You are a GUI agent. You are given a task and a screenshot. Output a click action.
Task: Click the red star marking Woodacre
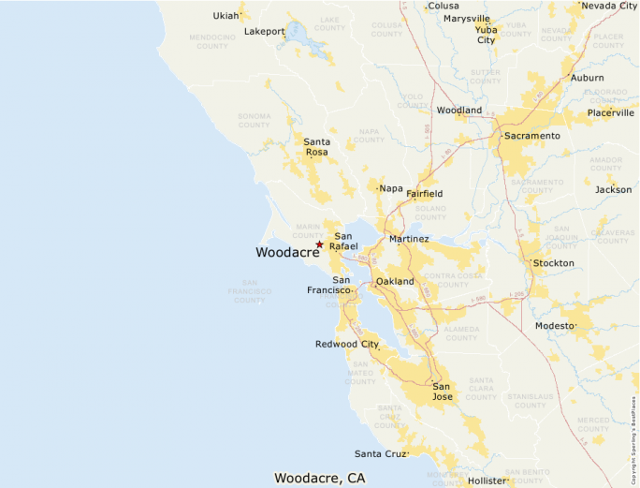click(319, 244)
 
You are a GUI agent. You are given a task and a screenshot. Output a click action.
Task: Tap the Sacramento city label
click(531, 136)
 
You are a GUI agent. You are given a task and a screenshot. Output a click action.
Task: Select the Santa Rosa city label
click(317, 146)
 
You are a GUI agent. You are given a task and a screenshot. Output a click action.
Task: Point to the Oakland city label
click(394, 281)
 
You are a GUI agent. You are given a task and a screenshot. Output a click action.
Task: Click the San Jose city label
click(442, 392)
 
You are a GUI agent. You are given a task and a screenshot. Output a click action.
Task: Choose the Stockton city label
click(553, 263)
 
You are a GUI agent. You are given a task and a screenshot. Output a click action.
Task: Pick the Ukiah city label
click(225, 16)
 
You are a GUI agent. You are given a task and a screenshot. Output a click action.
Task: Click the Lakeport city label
click(264, 31)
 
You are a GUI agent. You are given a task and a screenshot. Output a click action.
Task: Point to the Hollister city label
click(487, 480)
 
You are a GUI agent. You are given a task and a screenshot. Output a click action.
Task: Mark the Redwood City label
click(346, 344)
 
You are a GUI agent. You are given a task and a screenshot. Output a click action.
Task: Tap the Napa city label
click(391, 188)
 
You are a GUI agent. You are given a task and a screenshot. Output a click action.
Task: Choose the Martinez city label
click(409, 239)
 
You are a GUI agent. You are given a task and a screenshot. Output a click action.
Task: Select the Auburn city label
click(587, 78)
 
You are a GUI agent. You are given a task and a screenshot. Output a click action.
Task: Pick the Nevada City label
click(609, 6)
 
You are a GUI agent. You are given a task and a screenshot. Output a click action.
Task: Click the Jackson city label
click(613, 189)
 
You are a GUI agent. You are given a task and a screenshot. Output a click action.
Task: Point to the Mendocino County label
click(212, 42)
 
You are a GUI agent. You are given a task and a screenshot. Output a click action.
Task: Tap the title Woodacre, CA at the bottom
click(319, 478)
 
